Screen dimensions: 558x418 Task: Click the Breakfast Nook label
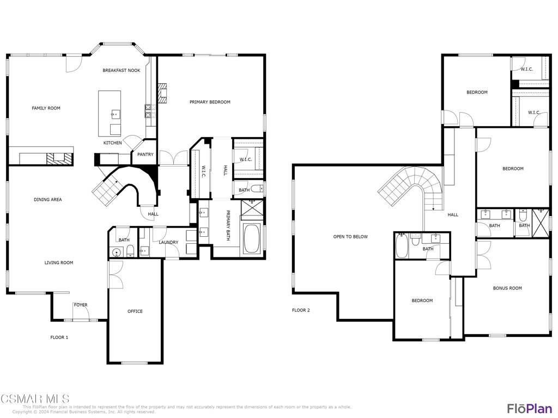pos(122,70)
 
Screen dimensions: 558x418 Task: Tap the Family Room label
pos(46,108)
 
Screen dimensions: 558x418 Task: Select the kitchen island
pos(110,113)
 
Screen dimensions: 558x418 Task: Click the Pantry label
pos(145,154)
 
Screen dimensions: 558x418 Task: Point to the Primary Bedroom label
pos(210,102)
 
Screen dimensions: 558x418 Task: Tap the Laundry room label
pos(168,242)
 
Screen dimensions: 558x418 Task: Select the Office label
pos(135,311)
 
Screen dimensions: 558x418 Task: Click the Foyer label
pos(81,305)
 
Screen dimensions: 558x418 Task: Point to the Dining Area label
pos(48,200)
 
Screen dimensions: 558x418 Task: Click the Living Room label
pos(59,263)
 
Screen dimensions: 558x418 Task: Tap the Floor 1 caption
pos(59,337)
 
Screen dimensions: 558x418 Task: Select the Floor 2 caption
pos(301,310)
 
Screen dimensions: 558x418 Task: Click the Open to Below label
pos(350,237)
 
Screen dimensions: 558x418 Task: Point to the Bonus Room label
pos(507,288)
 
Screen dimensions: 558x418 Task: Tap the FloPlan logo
pos(530,408)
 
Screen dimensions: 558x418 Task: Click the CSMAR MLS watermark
pos(35,398)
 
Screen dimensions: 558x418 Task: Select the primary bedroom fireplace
pos(162,93)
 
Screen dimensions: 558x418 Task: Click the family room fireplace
pos(59,158)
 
